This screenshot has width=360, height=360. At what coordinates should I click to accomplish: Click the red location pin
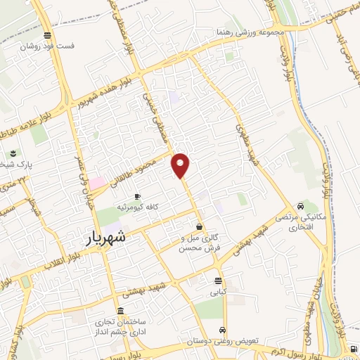(181, 164)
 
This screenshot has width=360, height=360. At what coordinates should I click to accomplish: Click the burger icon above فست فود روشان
(47, 35)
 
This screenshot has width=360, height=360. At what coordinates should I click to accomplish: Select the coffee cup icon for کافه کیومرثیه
(137, 196)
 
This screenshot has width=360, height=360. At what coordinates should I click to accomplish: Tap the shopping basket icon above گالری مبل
(200, 226)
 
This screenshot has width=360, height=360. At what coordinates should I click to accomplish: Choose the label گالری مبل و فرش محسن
(199, 243)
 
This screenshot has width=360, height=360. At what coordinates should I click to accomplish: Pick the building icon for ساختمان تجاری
(122, 311)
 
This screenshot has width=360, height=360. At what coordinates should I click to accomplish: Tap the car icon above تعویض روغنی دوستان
(223, 330)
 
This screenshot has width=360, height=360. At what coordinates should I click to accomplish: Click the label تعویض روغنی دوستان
(222, 340)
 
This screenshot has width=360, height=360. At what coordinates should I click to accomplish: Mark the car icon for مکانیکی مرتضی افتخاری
(300, 207)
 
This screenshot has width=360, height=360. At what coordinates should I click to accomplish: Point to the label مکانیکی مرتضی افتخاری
(300, 223)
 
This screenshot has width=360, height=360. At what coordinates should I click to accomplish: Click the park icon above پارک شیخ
(13, 154)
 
